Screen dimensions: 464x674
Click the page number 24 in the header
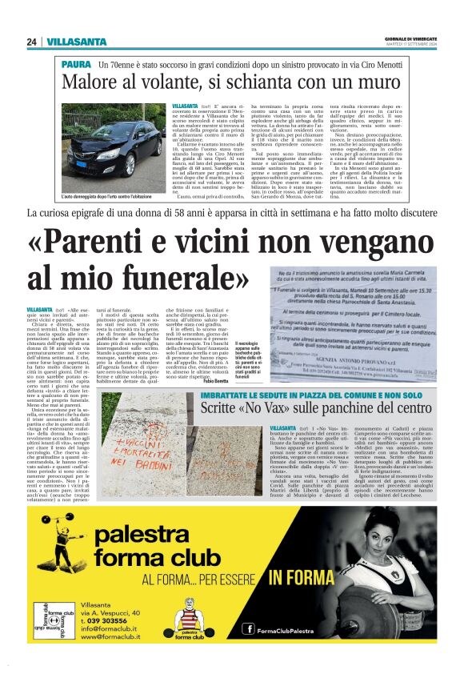click(32, 42)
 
